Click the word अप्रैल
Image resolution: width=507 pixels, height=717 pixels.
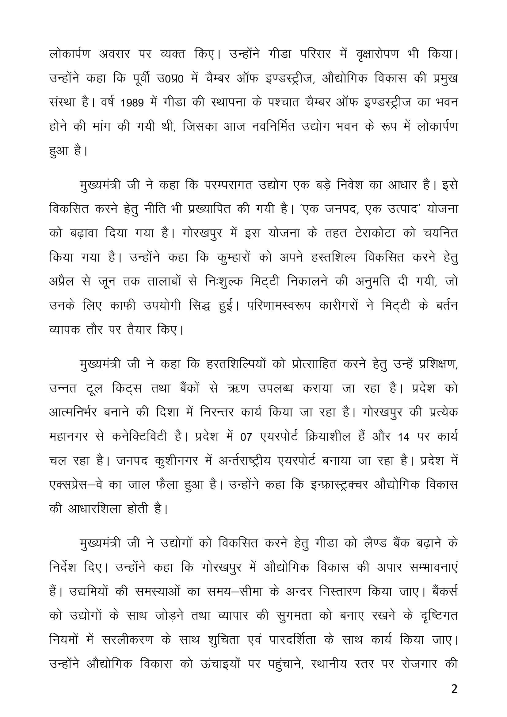click(62, 281)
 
